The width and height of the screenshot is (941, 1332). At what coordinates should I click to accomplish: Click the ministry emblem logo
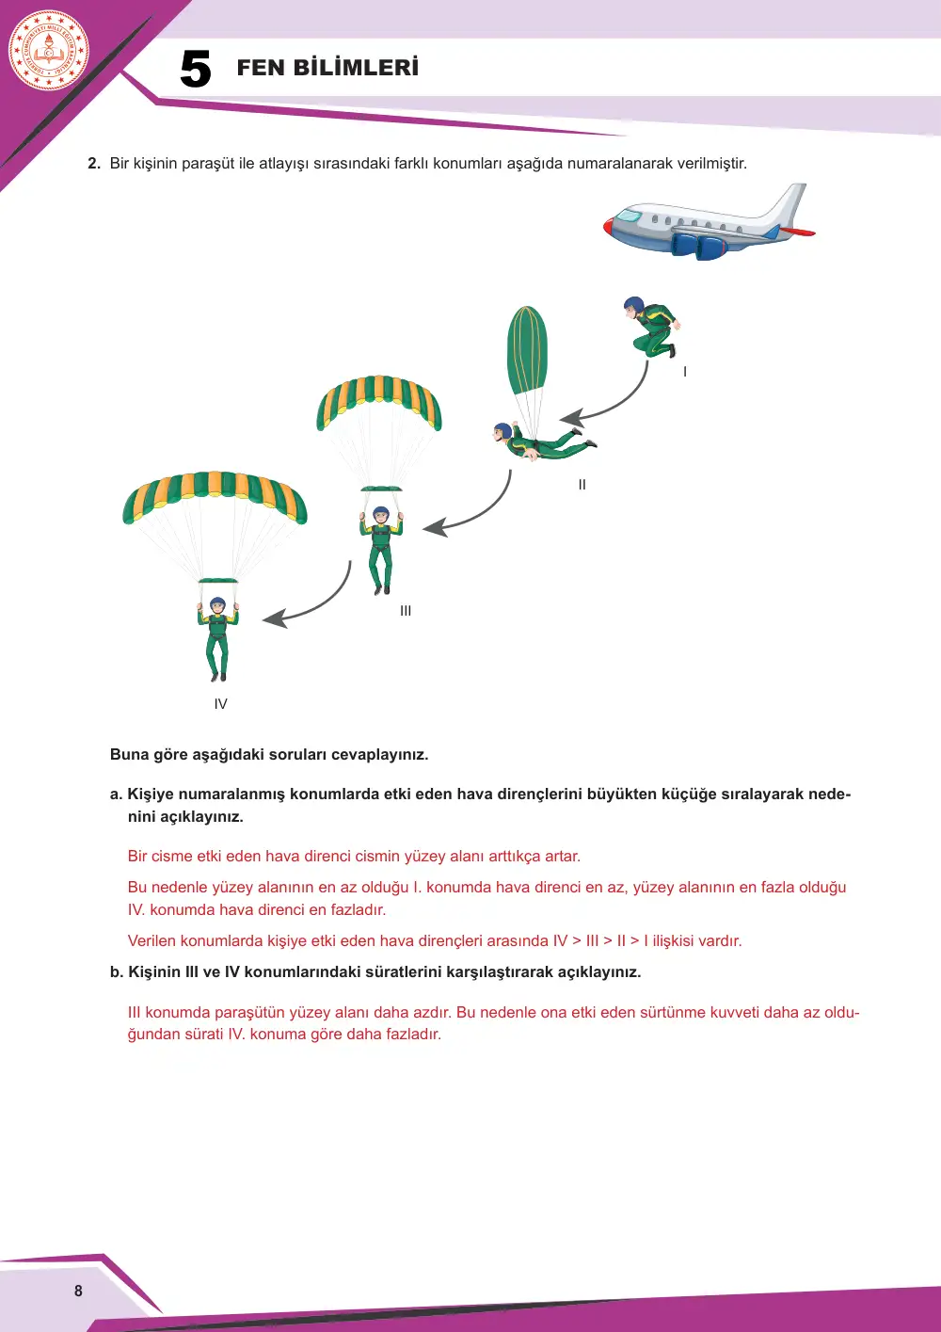point(49,51)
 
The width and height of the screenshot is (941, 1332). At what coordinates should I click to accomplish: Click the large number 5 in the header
point(196,69)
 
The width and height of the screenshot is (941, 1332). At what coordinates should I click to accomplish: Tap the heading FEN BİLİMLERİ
point(327,67)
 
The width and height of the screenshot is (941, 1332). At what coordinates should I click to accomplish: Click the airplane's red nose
point(609,227)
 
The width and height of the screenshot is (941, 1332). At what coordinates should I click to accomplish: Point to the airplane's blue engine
point(699,247)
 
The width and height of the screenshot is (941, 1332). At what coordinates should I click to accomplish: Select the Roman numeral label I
point(685,372)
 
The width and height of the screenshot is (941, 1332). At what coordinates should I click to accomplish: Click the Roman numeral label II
point(582,485)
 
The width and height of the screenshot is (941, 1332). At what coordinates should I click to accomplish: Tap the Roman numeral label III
point(406,611)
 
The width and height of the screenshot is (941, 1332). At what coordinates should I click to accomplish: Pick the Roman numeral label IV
point(220,704)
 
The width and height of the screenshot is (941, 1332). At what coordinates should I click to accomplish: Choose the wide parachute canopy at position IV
point(215,492)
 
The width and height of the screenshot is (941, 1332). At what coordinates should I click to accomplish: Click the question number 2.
point(94,164)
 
